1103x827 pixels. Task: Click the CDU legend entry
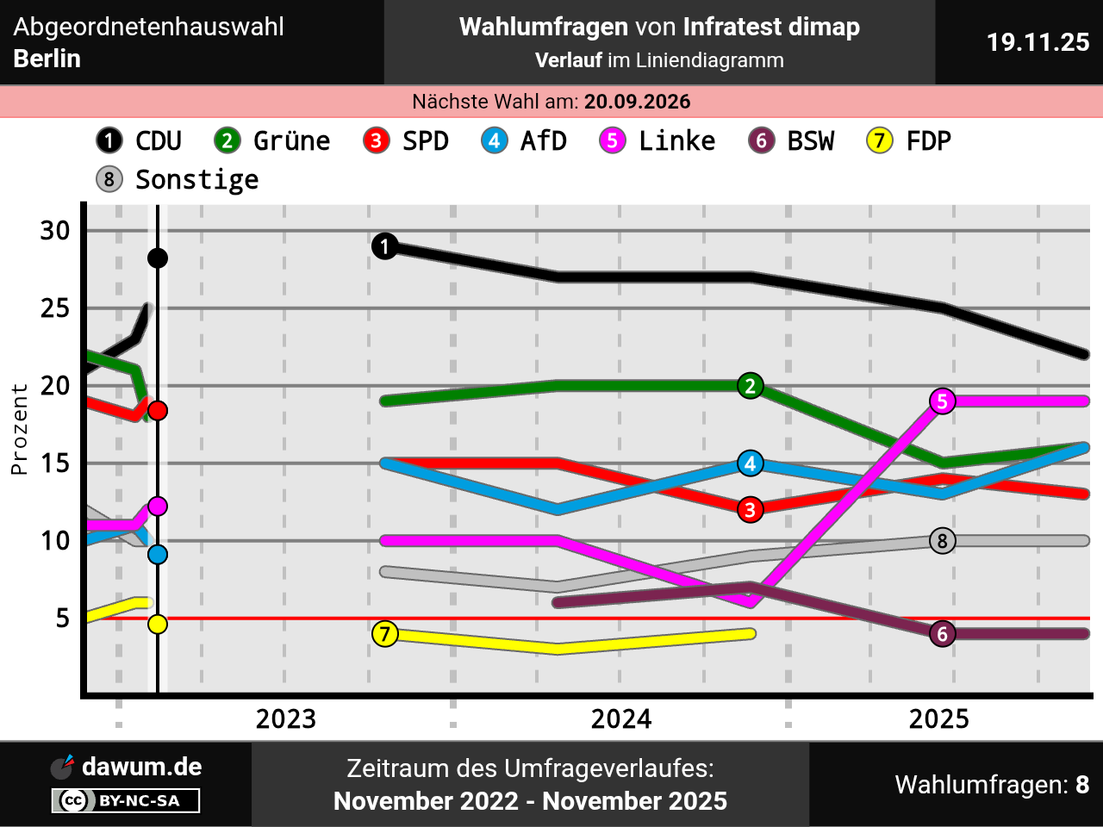click(x=140, y=140)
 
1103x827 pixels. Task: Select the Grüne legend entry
click(x=272, y=140)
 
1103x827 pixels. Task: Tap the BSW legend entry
click(x=791, y=140)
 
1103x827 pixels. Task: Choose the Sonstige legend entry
click(x=178, y=179)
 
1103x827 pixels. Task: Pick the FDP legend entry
click(x=909, y=140)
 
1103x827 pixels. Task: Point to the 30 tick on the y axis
click(x=55, y=231)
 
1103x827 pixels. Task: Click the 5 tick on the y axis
click(x=62, y=619)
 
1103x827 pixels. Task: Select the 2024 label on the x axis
click(x=620, y=718)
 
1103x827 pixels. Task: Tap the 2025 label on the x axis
click(x=938, y=718)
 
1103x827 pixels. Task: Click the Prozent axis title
click(x=19, y=429)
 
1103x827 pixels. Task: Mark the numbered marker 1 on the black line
click(x=384, y=246)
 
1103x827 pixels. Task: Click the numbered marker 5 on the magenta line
click(x=943, y=401)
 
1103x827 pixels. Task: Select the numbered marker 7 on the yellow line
click(x=384, y=634)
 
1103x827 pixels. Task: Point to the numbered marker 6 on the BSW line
click(x=943, y=634)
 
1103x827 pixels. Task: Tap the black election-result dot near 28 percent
click(x=158, y=258)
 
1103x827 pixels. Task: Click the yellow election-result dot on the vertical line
click(x=158, y=624)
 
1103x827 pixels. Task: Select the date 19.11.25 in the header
click(x=1038, y=42)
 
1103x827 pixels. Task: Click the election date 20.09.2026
click(x=637, y=102)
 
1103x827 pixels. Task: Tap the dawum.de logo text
click(x=141, y=767)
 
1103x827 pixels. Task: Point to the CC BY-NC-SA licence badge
click(x=126, y=801)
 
